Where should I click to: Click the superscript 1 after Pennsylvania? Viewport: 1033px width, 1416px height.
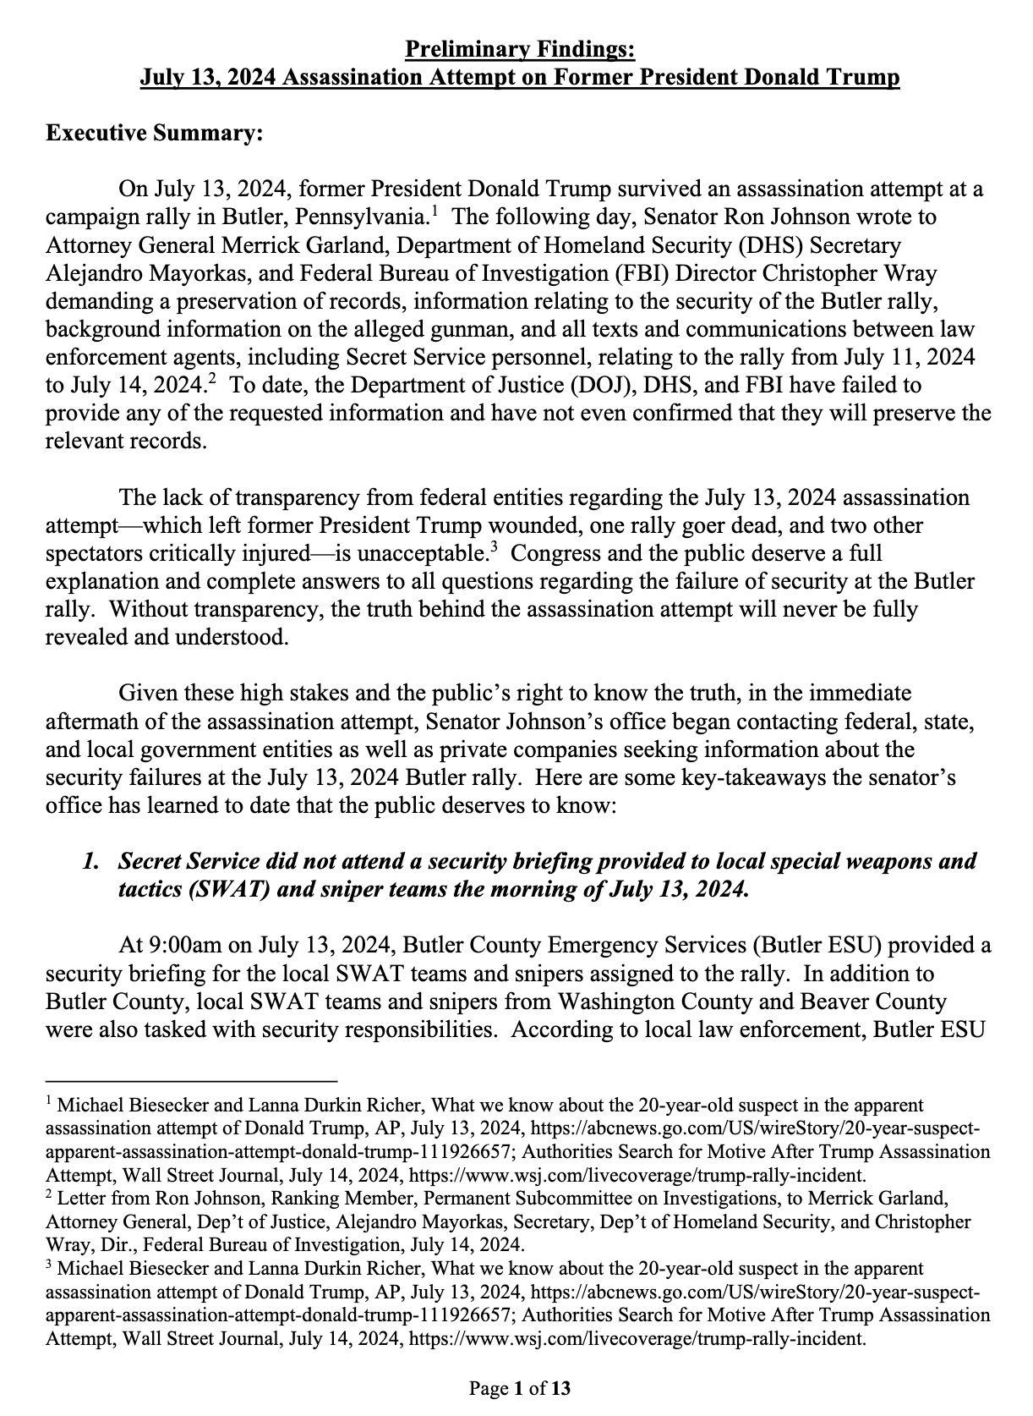(435, 210)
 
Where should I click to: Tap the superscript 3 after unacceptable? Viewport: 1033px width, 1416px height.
(493, 546)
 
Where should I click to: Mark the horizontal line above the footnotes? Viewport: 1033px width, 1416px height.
(191, 1080)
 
